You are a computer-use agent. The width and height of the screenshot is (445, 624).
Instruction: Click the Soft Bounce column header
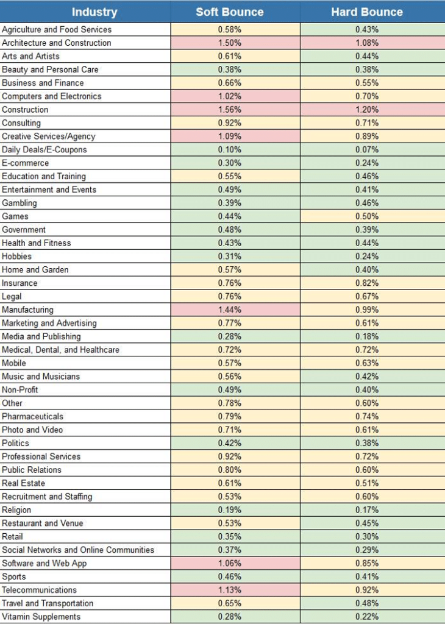[x=229, y=12]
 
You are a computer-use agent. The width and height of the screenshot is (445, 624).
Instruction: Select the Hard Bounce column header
[x=366, y=12]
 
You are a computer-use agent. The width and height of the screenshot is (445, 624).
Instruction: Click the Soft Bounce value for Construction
[x=229, y=110]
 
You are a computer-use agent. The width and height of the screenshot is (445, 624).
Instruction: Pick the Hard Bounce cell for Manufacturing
[x=366, y=310]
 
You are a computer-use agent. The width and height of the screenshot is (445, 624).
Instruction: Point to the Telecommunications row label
[x=39, y=590]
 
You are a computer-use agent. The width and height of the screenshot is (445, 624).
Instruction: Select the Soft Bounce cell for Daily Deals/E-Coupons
[x=229, y=150]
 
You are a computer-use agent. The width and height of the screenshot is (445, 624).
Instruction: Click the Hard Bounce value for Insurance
[x=366, y=283]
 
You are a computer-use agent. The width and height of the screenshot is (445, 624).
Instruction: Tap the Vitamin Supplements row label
[x=41, y=617]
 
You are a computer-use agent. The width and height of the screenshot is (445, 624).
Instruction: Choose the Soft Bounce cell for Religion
[x=229, y=510]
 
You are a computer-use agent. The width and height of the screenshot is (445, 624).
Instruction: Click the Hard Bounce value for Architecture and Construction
[x=366, y=43]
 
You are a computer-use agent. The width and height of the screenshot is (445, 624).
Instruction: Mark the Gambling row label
[x=20, y=203]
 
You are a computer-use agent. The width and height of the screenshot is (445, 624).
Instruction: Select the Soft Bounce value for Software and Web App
[x=229, y=563]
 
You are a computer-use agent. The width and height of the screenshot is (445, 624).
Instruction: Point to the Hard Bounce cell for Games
[x=366, y=216]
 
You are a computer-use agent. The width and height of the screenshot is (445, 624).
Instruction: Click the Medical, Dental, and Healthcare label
[x=60, y=350]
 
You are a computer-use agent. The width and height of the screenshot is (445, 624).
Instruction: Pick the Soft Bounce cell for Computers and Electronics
[x=229, y=96]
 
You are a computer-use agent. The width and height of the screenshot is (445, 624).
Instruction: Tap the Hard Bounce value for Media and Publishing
[x=366, y=336]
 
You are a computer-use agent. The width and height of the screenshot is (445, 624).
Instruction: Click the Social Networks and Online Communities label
[x=78, y=550]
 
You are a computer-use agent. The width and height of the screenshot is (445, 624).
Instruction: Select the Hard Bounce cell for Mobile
[x=366, y=363]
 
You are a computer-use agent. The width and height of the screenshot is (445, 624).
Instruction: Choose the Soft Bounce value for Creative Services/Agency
[x=229, y=136]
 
